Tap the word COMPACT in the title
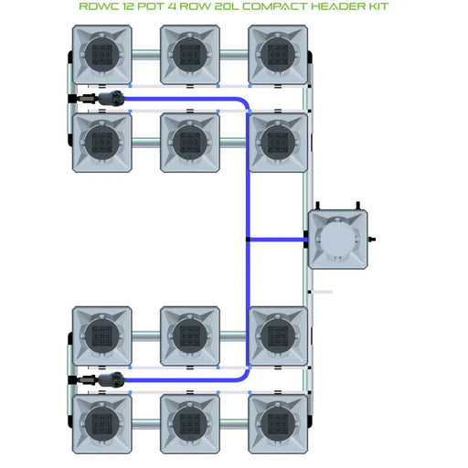pos(261,7)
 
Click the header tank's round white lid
pos(339,240)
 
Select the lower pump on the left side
pos(94,379)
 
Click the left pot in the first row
pos(102,54)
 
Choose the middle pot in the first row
pos(190,54)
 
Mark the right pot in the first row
pos(278,54)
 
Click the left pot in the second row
pos(102,142)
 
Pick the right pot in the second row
pos(278,142)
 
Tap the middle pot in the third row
pos(190,335)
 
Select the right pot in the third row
pos(278,335)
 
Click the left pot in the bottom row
pos(102,423)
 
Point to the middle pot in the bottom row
pos(190,423)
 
